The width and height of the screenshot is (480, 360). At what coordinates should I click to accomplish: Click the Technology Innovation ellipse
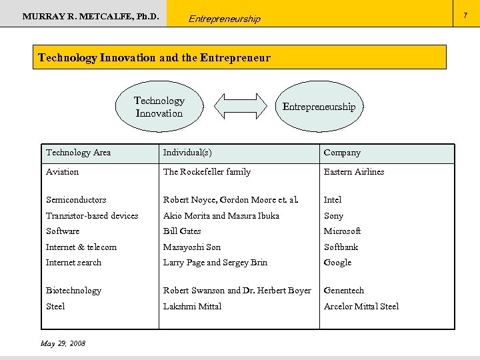(x=159, y=107)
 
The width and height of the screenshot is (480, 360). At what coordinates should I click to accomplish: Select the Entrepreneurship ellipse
(x=319, y=107)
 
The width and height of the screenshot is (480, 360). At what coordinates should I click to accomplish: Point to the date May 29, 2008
(x=63, y=343)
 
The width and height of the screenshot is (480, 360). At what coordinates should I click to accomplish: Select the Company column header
(x=342, y=153)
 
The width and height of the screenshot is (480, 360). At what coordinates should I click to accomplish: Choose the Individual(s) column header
(x=187, y=153)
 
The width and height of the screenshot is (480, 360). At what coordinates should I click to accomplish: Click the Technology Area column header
(x=78, y=153)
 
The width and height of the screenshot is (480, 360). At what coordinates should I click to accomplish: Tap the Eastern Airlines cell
(x=354, y=172)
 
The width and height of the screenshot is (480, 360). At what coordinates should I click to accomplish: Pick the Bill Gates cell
(x=182, y=231)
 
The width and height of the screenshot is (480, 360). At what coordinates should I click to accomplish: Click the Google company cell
(x=337, y=263)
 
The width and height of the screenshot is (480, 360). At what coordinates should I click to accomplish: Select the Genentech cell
(x=344, y=291)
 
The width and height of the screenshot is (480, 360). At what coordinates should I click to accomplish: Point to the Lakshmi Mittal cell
(x=192, y=307)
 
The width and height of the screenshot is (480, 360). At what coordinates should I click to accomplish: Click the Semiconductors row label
(x=76, y=200)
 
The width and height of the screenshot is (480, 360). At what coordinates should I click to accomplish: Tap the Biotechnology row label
(x=73, y=291)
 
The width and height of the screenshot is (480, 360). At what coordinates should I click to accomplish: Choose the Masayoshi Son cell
(x=192, y=247)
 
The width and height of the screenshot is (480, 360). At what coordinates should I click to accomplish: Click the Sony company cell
(x=333, y=216)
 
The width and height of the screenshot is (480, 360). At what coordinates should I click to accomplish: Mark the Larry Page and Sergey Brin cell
(x=215, y=263)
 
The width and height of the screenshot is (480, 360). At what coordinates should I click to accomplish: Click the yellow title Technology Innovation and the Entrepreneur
(x=155, y=57)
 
